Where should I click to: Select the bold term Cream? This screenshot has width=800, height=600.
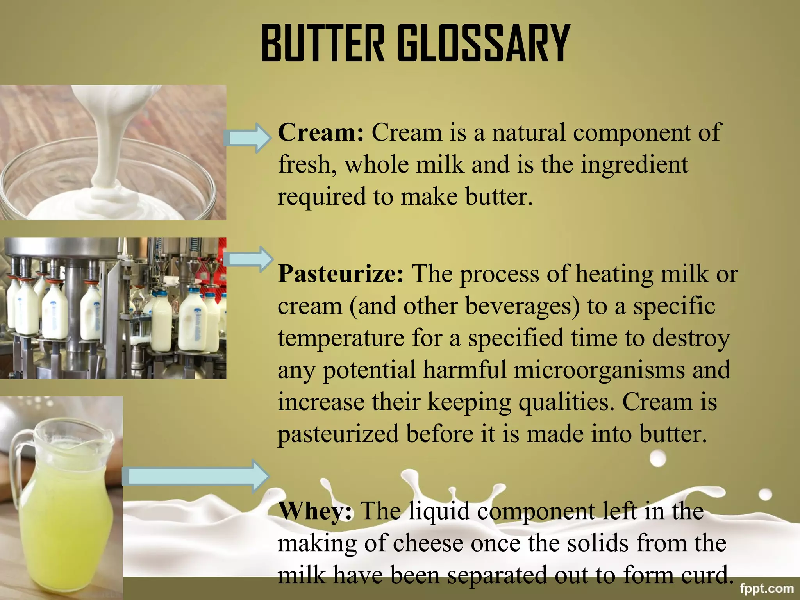tap(321, 132)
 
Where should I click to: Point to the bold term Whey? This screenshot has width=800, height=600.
tap(315, 511)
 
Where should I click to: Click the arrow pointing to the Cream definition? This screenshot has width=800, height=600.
tap(248, 138)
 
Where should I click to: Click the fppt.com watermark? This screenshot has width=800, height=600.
tap(766, 588)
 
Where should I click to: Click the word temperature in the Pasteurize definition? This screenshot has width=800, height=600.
tap(341, 338)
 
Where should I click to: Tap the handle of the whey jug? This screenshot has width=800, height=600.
tap(18, 461)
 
